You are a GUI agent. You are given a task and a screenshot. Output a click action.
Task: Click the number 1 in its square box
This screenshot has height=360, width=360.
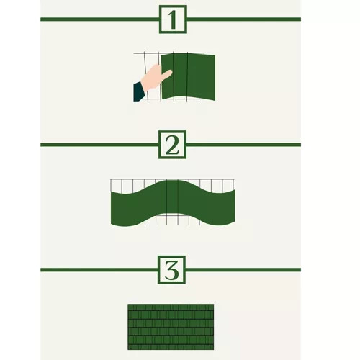(x=172, y=19)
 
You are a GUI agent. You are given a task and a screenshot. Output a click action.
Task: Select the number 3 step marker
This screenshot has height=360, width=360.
(x=172, y=270)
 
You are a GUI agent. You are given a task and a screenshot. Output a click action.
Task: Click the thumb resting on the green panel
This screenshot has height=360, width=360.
(x=166, y=73)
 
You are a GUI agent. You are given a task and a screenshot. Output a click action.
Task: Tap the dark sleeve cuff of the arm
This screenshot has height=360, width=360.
(x=138, y=91)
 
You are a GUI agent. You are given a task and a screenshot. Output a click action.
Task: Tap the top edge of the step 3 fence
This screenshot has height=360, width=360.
(x=171, y=305)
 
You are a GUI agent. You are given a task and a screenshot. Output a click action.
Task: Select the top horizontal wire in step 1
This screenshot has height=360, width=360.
(x=148, y=53)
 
